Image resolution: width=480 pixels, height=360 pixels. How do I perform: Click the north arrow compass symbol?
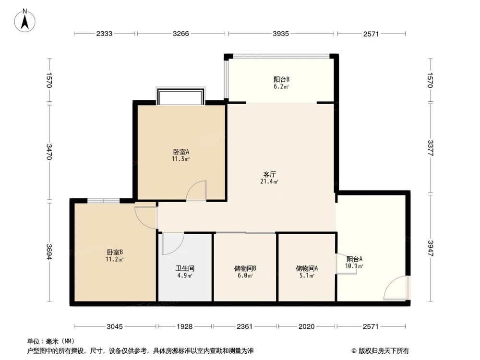pos(24,21)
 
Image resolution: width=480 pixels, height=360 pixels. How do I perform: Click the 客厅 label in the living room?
pos(269,175)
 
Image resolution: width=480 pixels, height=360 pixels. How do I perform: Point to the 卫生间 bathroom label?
pos(184,269)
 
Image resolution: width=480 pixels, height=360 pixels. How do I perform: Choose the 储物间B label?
pos(244,269)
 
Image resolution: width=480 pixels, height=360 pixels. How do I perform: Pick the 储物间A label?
pos(305,269)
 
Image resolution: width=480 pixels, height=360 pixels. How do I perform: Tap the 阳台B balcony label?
pos(281,80)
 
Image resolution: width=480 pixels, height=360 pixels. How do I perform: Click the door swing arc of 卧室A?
pos(196,190)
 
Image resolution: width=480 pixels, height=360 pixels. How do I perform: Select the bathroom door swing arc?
pos(172,244)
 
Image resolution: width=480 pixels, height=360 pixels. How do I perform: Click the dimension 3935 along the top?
pos(281,34)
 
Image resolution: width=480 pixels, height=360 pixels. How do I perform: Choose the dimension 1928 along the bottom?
pos(184,327)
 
